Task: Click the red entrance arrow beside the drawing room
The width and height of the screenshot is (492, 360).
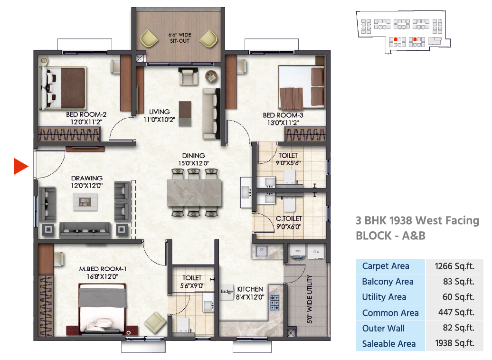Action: click(x=21, y=166)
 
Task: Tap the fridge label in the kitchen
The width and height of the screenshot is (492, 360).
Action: click(x=227, y=292)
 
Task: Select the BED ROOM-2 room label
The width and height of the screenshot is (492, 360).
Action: click(x=86, y=114)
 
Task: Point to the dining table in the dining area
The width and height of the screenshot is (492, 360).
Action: click(x=194, y=193)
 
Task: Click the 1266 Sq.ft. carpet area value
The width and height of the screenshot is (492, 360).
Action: click(x=454, y=266)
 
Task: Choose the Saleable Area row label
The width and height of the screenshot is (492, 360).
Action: click(x=389, y=344)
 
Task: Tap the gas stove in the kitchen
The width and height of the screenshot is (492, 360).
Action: click(x=274, y=303)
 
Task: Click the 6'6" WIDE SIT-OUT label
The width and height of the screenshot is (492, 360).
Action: click(x=180, y=38)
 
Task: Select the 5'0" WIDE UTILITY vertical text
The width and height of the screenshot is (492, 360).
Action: click(x=310, y=299)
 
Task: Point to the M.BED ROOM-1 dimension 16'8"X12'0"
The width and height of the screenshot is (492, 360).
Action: click(x=102, y=276)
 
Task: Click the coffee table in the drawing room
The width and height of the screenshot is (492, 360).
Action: click(x=85, y=201)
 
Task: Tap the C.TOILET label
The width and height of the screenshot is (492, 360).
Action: click(x=289, y=218)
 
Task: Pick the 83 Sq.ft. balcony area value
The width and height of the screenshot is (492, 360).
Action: click(x=458, y=282)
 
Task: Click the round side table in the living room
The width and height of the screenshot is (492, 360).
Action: click(x=211, y=76)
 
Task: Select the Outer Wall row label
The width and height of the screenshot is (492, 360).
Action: click(x=383, y=328)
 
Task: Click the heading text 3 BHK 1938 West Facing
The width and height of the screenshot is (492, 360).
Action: click(x=417, y=221)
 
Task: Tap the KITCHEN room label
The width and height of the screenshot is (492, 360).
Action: click(x=250, y=289)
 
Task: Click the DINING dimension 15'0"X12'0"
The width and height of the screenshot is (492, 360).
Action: click(x=194, y=163)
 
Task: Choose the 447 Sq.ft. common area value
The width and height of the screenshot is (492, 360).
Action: click(x=456, y=313)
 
